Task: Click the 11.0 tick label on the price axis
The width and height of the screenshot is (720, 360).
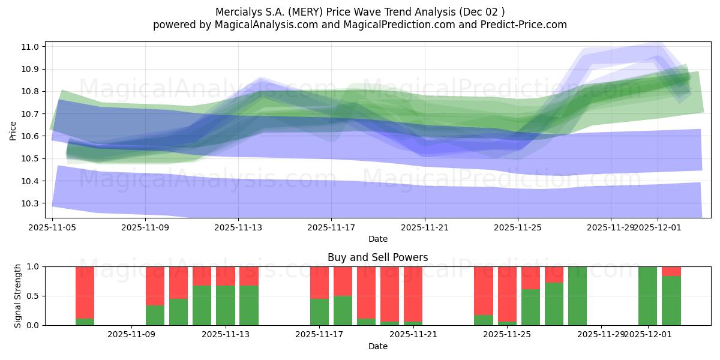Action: (x=31, y=47)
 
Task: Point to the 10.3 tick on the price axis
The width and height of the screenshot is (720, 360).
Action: (x=31, y=203)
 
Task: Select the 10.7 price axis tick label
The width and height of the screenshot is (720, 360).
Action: (x=31, y=114)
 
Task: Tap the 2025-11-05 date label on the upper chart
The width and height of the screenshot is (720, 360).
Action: (x=52, y=227)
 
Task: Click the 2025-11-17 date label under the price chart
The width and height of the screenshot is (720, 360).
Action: (x=331, y=227)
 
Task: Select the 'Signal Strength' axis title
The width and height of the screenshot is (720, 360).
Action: (x=18, y=296)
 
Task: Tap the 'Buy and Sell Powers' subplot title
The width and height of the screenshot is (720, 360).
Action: (x=377, y=257)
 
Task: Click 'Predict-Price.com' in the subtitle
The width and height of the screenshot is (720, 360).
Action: (x=526, y=25)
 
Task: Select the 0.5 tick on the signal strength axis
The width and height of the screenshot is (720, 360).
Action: (x=33, y=296)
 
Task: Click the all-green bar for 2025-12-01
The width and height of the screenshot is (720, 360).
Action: (x=647, y=296)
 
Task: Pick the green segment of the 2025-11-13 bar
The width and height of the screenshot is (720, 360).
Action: (x=226, y=305)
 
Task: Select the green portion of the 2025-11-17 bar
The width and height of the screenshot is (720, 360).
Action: (x=319, y=312)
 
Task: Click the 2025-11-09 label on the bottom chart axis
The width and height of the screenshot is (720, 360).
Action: (x=132, y=335)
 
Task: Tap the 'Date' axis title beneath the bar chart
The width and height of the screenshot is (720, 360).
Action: (x=377, y=346)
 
